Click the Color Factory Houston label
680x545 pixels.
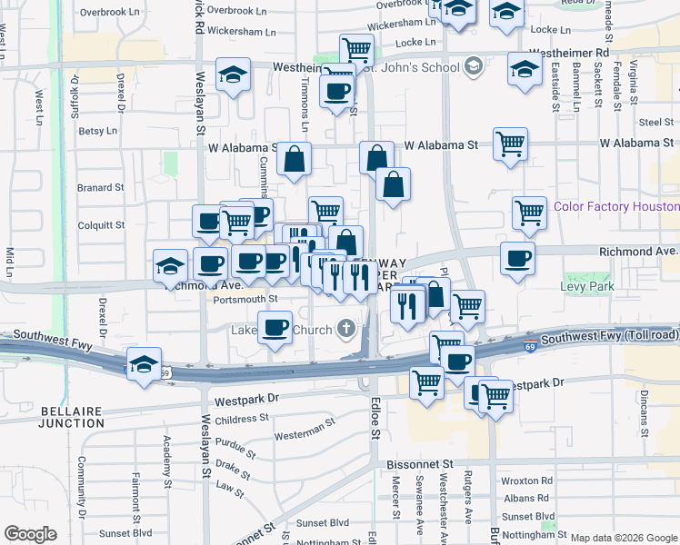click(x=615, y=207)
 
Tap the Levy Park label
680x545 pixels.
click(x=589, y=287)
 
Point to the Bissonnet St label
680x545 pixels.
click(x=419, y=464)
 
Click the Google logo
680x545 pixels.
click(x=30, y=533)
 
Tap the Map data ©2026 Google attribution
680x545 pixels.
click(x=625, y=538)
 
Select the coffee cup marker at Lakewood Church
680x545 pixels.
click(x=275, y=327)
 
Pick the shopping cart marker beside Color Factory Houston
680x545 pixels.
click(x=529, y=213)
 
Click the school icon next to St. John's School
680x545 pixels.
click(x=473, y=65)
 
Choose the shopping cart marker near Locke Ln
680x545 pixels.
click(x=356, y=49)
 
